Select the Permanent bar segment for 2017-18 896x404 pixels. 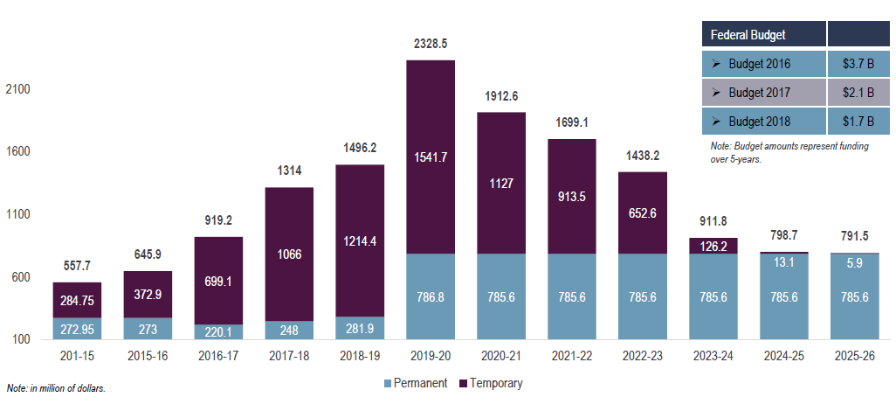click(289, 330)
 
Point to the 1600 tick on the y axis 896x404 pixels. click(17, 151)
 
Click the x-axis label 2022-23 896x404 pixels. click(643, 358)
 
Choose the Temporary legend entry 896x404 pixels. click(496, 383)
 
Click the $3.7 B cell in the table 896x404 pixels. click(858, 64)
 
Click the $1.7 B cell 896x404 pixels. click(858, 120)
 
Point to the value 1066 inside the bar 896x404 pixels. click(289, 254)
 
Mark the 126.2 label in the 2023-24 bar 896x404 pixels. click(713, 246)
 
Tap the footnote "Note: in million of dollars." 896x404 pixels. click(56, 387)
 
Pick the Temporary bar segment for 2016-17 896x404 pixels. click(218, 280)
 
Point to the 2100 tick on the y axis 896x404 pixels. click(17, 89)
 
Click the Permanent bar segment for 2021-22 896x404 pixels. click(572, 296)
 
